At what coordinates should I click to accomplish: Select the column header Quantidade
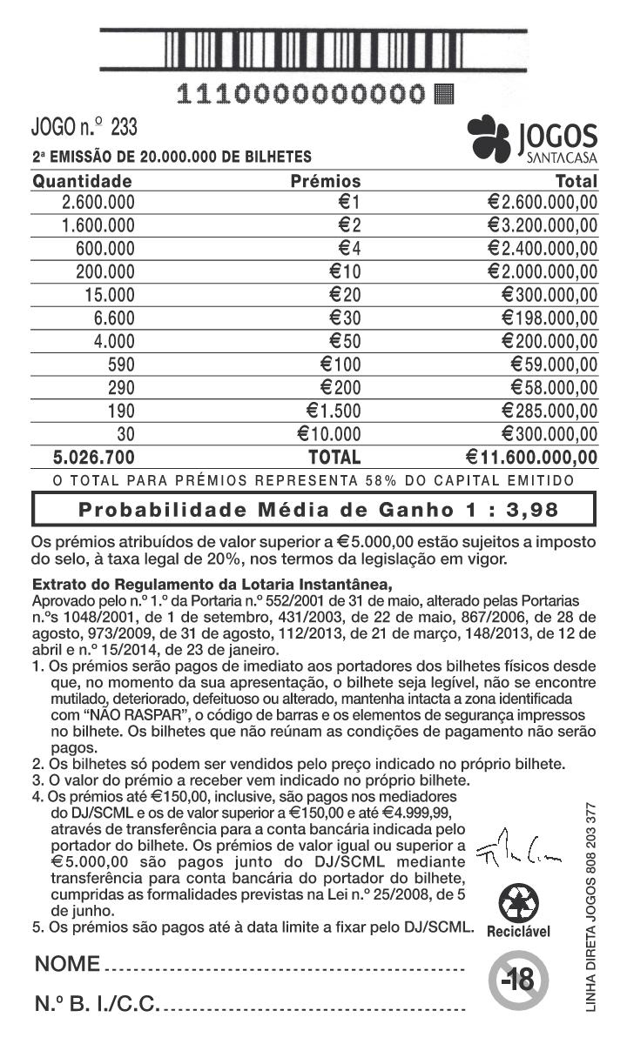tap(82, 181)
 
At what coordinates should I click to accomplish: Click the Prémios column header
tap(325, 181)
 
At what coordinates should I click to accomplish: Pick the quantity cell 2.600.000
tap(98, 203)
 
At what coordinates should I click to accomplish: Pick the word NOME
tap(67, 965)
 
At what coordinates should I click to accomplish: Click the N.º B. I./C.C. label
tap(97, 1005)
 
